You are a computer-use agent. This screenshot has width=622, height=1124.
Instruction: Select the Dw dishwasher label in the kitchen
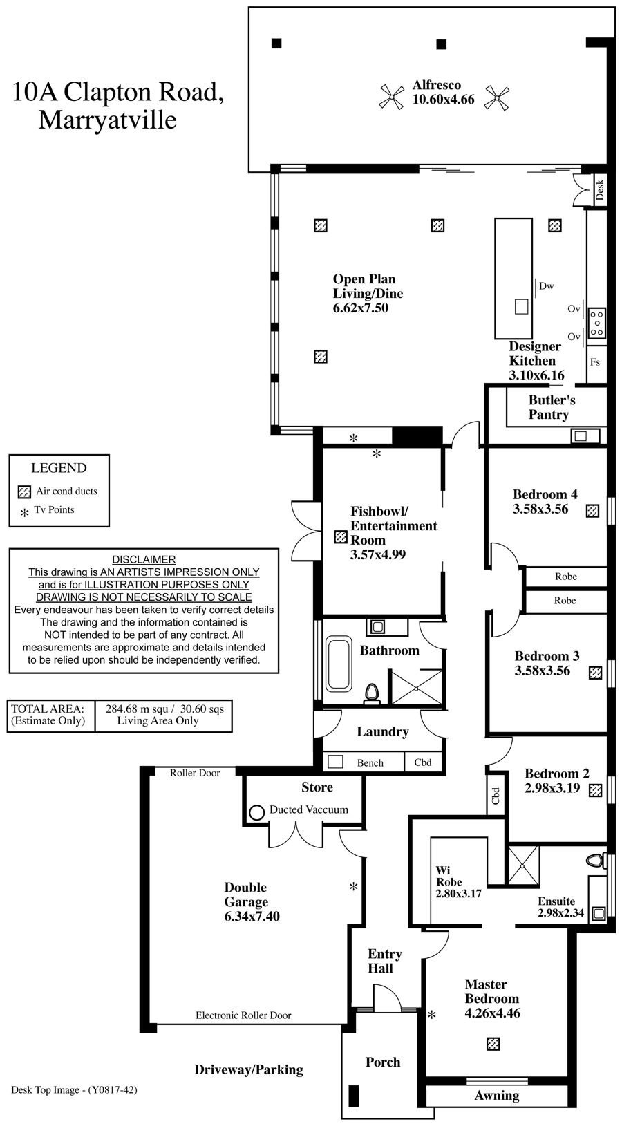(546, 285)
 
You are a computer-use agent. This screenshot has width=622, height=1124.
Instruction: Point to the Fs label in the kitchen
(594, 362)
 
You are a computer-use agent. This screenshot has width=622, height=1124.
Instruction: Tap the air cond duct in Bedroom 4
(592, 511)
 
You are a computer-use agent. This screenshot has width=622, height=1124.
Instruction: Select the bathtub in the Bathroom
(339, 665)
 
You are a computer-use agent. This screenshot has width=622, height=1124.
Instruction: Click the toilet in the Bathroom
(373, 693)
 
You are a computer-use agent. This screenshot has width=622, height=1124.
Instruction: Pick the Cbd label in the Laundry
(423, 762)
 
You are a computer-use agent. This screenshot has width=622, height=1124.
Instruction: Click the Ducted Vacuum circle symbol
(256, 812)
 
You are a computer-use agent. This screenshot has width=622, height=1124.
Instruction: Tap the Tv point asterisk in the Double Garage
(353, 887)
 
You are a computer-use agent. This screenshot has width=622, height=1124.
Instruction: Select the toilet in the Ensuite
(594, 861)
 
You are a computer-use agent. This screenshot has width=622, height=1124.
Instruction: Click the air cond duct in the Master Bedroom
(493, 1043)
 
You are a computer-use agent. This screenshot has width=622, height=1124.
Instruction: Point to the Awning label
(497, 1095)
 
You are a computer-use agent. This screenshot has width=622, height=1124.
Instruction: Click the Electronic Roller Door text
(243, 1015)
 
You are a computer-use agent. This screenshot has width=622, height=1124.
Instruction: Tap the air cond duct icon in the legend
(25, 492)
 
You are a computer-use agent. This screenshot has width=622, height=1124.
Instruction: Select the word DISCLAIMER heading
(144, 559)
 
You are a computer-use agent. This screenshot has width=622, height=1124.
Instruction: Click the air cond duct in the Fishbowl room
(340, 536)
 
